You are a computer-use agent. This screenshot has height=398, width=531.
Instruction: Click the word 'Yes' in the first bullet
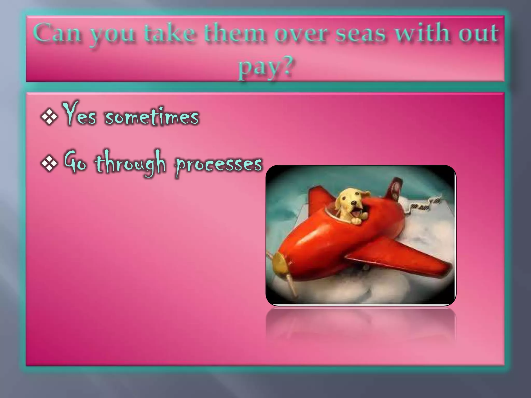click(x=79, y=114)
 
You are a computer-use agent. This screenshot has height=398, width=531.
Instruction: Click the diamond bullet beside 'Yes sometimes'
click(x=49, y=117)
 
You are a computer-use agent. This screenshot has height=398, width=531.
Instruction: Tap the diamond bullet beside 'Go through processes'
click(x=49, y=164)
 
